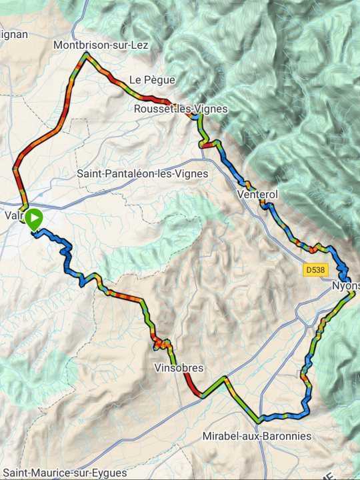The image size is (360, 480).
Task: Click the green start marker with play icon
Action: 33,218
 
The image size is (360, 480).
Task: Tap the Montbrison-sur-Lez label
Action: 101,45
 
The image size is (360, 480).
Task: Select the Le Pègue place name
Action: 152,80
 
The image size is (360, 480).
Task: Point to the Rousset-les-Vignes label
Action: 180,109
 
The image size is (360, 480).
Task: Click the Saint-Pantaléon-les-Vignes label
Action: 143,173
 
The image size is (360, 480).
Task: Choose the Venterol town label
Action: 257,194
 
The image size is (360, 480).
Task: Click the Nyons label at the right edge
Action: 345,286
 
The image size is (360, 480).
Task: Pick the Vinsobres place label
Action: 179,368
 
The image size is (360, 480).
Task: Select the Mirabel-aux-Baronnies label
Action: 257,437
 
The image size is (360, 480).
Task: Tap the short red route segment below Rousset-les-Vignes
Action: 207,144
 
